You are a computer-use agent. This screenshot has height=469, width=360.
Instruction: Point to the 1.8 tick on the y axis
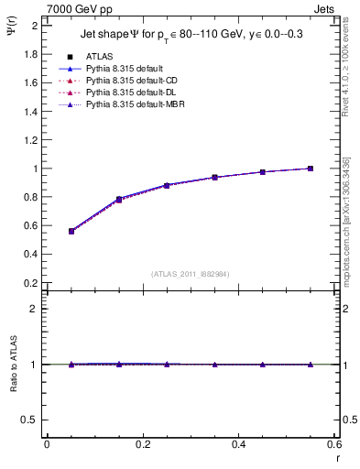point(31,54)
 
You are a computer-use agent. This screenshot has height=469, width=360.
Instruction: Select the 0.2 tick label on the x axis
point(142,444)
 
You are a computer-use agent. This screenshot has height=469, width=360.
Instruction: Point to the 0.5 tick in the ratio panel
point(31,420)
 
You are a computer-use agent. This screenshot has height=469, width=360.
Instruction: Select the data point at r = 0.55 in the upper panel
point(311,169)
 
